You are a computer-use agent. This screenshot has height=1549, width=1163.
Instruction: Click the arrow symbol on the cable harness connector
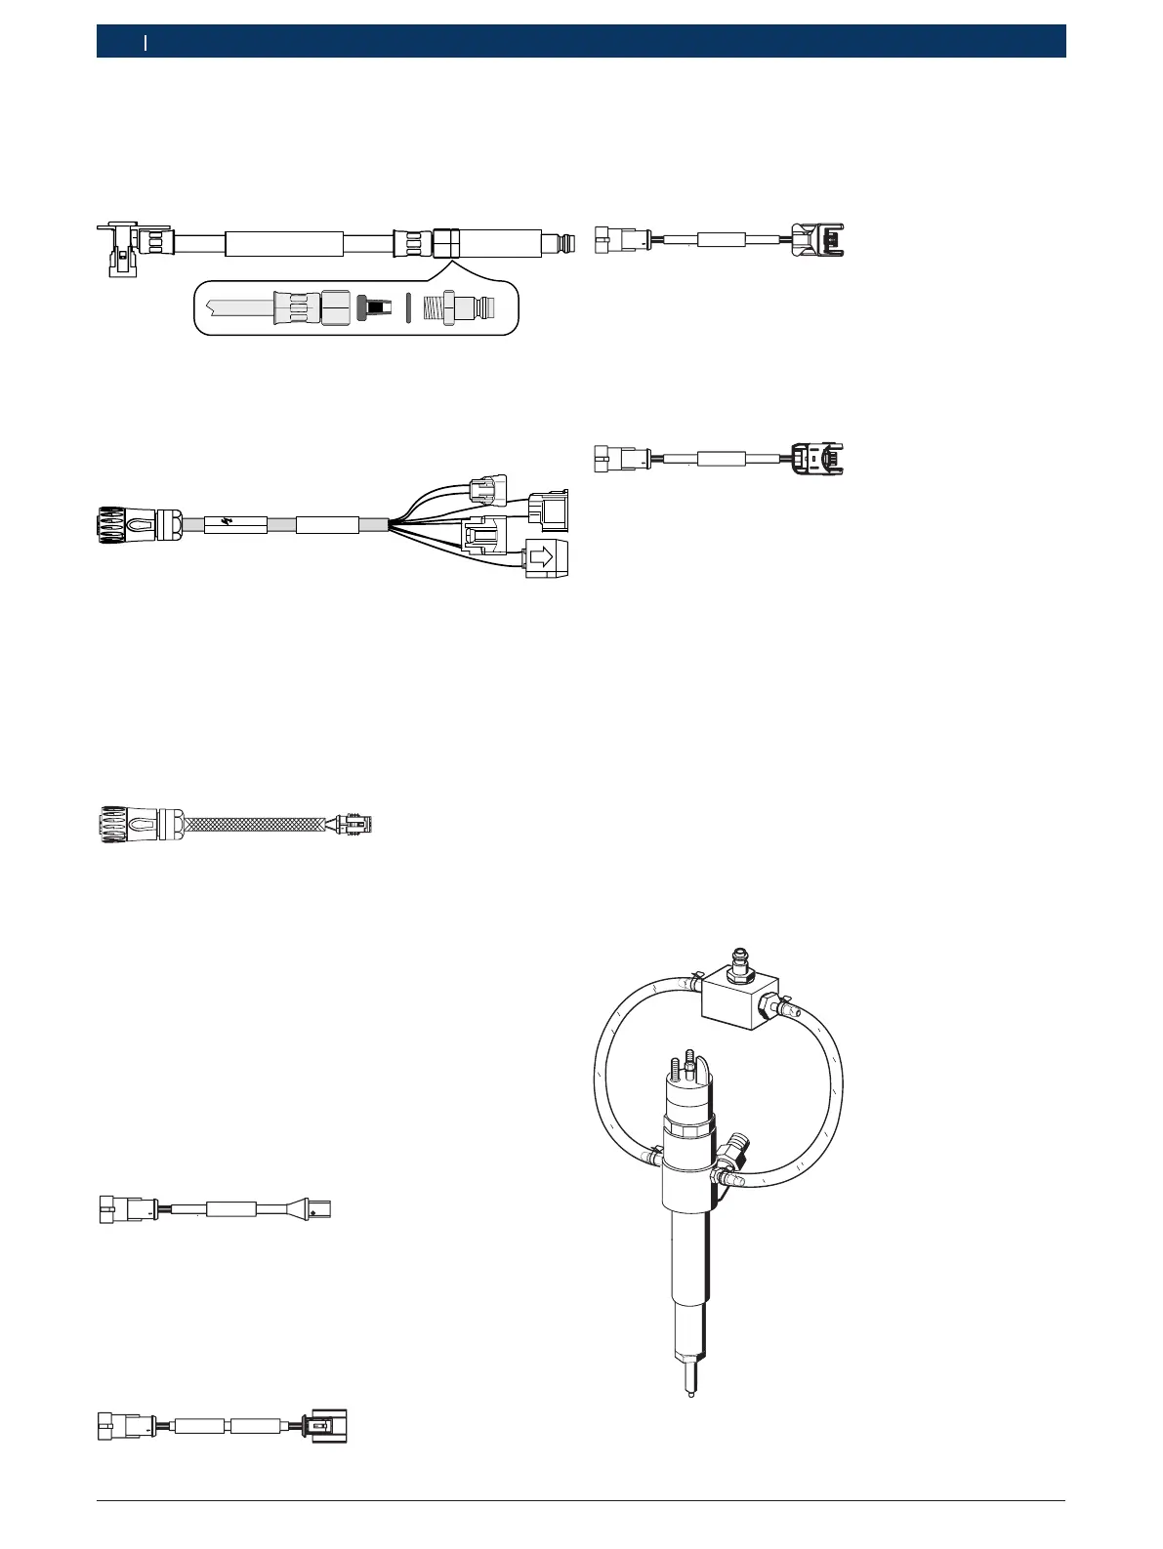tap(543, 557)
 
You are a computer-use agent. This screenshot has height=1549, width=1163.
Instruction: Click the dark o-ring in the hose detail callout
tap(408, 308)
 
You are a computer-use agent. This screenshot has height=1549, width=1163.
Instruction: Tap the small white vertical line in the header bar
tap(145, 42)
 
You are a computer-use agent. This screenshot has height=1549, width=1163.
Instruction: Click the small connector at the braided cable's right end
tap(354, 825)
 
